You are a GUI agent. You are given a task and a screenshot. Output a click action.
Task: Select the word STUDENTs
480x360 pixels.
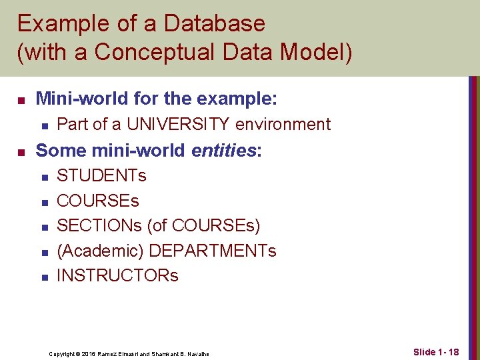101,176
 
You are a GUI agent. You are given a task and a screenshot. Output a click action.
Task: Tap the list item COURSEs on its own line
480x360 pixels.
97,201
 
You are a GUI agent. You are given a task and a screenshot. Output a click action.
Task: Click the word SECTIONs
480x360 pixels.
99,226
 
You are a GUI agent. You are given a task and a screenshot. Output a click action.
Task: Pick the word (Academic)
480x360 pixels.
100,251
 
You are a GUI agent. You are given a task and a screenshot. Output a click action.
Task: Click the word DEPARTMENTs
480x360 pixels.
213,251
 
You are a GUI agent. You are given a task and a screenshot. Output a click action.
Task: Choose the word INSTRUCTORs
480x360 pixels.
117,275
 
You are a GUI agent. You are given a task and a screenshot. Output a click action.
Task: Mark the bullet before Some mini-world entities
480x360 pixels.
21,151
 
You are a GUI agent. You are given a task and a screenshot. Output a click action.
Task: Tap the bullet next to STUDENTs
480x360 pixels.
44,177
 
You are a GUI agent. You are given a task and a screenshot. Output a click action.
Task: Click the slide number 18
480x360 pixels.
452,351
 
